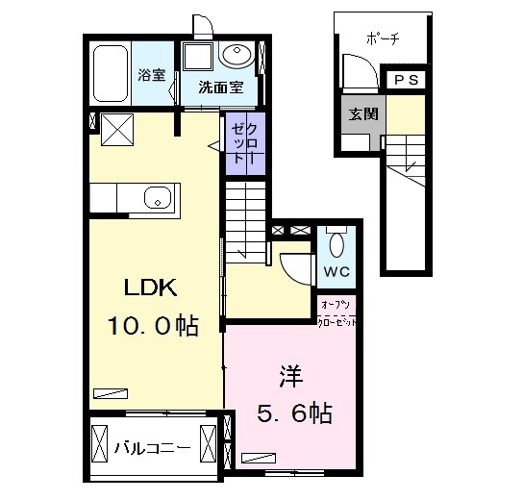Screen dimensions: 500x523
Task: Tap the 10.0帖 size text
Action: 151,326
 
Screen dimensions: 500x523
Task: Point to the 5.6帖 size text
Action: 295,413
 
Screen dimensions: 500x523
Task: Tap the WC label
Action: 336,271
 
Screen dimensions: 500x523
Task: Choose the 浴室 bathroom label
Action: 151,75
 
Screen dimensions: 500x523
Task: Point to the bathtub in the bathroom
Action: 112,73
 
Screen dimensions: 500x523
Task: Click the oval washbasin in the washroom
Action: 237,54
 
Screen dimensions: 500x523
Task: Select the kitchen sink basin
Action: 158,199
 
